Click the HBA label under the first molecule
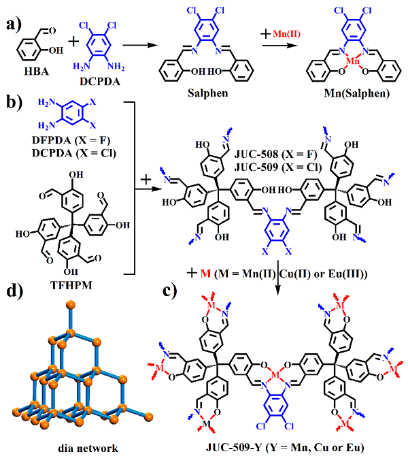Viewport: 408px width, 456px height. pyautogui.click(x=36, y=71)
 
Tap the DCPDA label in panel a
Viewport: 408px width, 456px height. pyautogui.click(x=100, y=82)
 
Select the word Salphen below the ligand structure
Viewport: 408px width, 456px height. pyautogui.click(x=208, y=93)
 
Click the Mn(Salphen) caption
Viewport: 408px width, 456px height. pyautogui.click(x=357, y=93)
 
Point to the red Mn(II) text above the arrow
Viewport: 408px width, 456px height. pyautogui.click(x=286, y=34)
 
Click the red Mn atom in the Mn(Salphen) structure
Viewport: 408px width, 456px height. pyautogui.click(x=353, y=61)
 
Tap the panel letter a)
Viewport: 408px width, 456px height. pyautogui.click(x=14, y=25)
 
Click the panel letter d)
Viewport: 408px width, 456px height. pyautogui.click(x=14, y=291)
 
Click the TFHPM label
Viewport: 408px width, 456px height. pyautogui.click(x=71, y=285)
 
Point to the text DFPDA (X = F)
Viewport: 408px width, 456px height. pyautogui.click(x=71, y=140)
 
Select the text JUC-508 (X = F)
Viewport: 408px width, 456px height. pyautogui.click(x=276, y=154)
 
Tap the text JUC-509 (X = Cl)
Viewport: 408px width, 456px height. pyautogui.click(x=278, y=167)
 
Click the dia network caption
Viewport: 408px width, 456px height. pyautogui.click(x=88, y=448)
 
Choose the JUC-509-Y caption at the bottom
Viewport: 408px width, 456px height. pyautogui.click(x=285, y=447)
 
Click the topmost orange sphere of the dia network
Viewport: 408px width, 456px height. pyautogui.click(x=71, y=305)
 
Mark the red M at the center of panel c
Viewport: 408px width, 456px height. pyautogui.click(x=275, y=376)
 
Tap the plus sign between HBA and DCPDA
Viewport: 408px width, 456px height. pyautogui.click(x=74, y=41)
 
